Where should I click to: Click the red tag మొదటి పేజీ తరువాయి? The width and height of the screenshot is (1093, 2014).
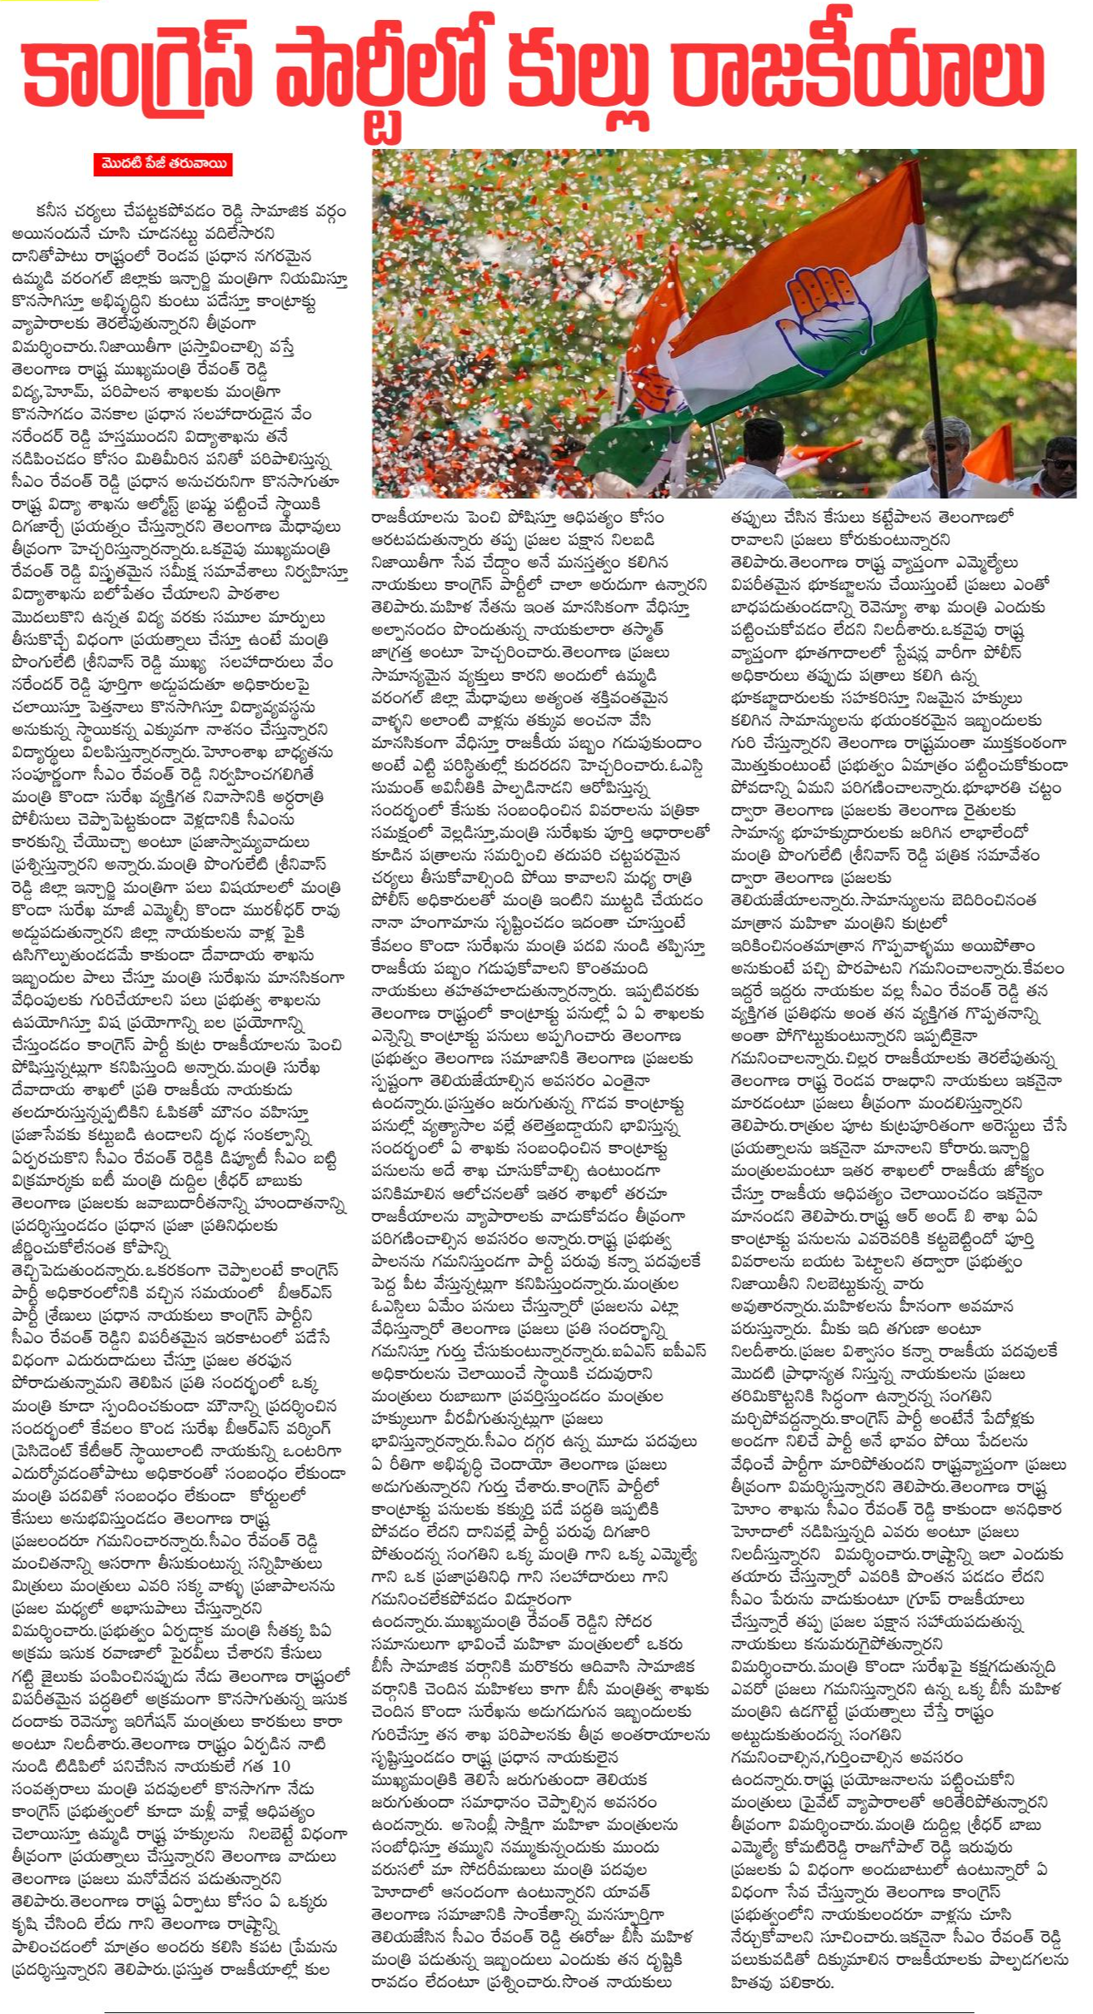pos(162,164)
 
